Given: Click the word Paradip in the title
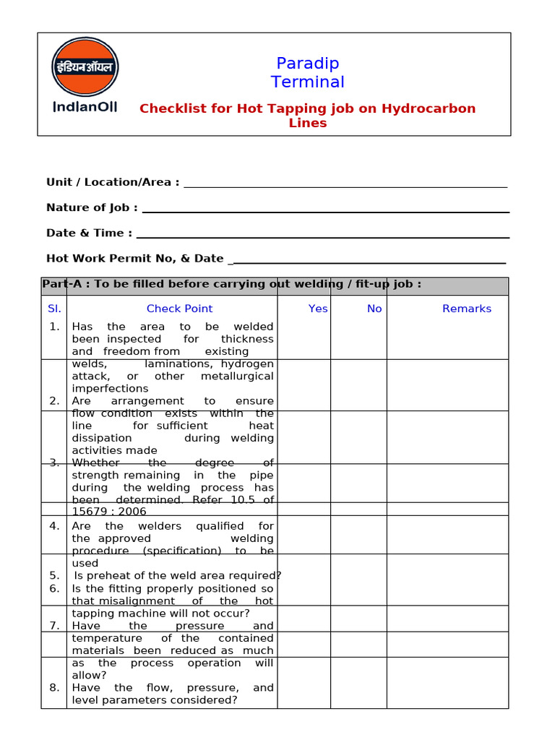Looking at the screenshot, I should [x=308, y=64].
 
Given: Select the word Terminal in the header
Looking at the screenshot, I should [x=308, y=82].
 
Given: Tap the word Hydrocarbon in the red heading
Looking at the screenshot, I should [x=429, y=108].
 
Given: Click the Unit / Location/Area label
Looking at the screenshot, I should [x=113, y=182].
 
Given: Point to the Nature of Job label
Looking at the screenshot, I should [x=92, y=207].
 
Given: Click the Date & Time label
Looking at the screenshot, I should [x=89, y=233].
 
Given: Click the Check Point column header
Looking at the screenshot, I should [x=179, y=309].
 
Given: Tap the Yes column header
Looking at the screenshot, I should [x=318, y=309].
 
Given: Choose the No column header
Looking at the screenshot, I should [x=374, y=309].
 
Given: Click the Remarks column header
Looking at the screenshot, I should [x=467, y=309].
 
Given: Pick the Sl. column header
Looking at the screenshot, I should [x=55, y=309].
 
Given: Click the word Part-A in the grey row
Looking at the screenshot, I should [x=61, y=284].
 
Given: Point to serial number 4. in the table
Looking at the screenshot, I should [x=55, y=526].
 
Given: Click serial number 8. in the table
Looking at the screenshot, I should [x=55, y=687].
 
